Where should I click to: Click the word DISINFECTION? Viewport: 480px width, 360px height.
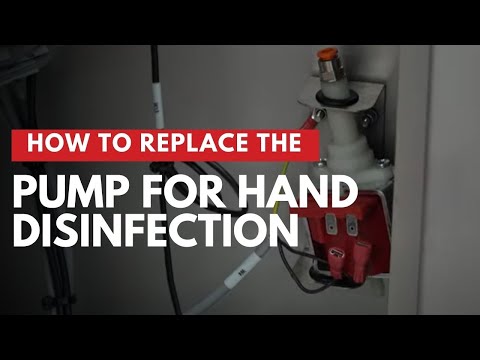click(156, 231)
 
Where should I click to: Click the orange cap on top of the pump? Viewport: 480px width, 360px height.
click(325, 54)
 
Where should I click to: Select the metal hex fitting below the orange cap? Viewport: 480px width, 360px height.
click(327, 71)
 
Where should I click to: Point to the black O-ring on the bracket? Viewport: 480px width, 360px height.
click(336, 97)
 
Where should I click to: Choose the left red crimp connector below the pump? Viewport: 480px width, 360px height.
click(335, 262)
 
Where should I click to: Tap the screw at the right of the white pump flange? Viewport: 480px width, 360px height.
click(384, 162)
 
